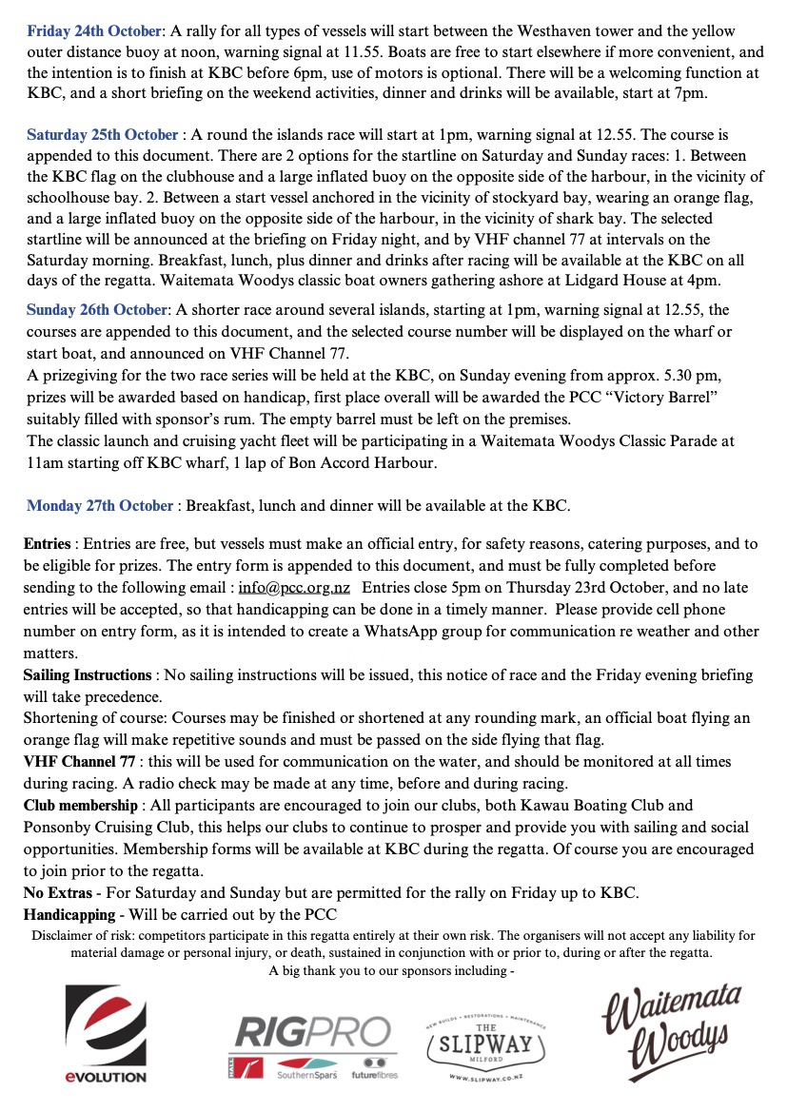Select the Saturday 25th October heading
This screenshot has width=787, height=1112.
102,135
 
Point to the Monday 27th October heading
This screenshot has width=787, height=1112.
100,505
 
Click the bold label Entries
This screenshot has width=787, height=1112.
48,545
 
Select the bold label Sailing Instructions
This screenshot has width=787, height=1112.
88,675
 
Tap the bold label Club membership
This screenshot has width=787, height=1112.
80,806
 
